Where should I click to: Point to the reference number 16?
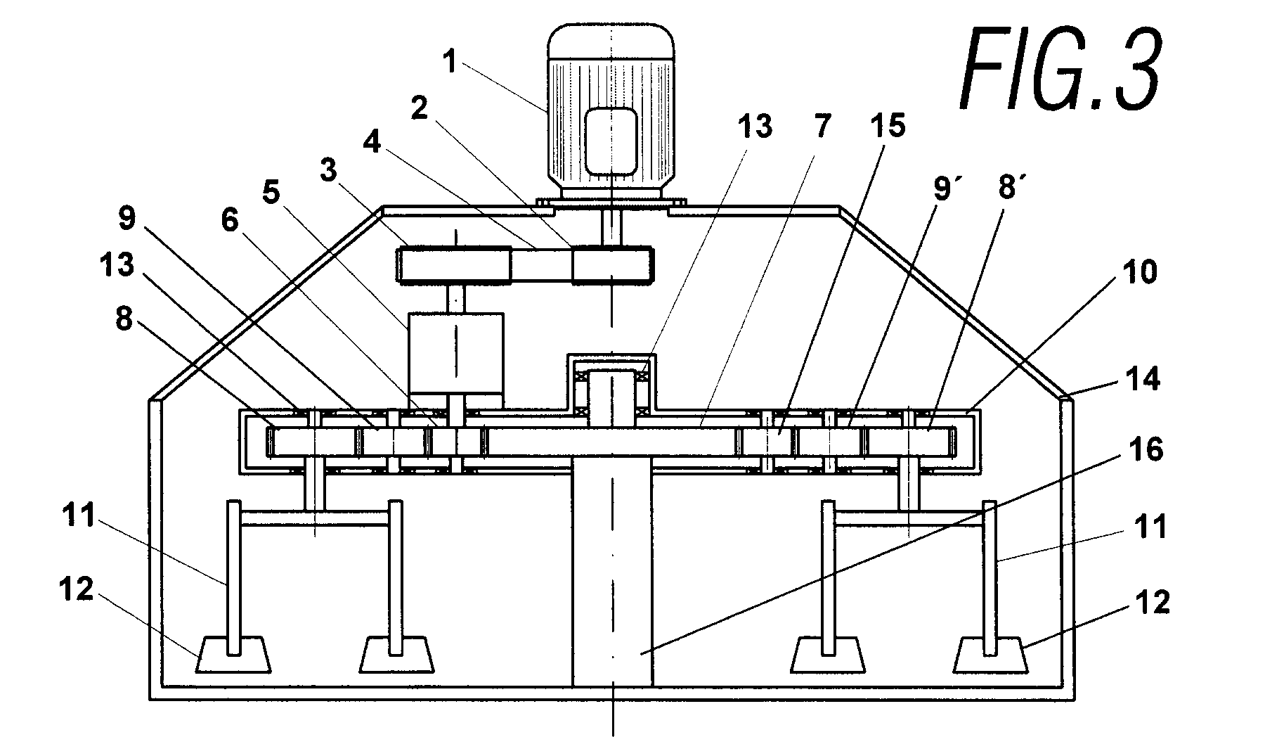pos(1146,451)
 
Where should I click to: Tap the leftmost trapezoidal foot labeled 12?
pos(234,655)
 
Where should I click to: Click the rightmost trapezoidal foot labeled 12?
pos(990,655)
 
